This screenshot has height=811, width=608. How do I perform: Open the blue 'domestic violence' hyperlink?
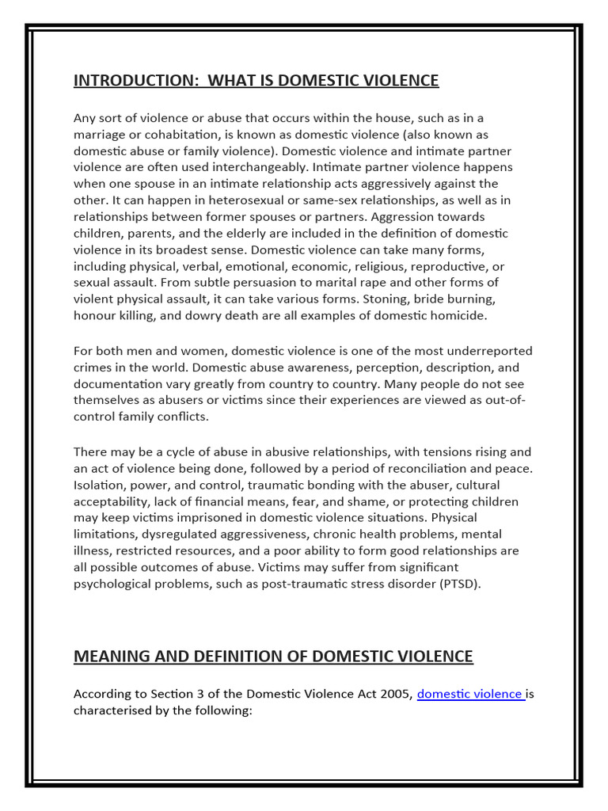(x=469, y=695)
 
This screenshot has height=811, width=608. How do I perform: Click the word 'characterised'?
(x=113, y=711)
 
